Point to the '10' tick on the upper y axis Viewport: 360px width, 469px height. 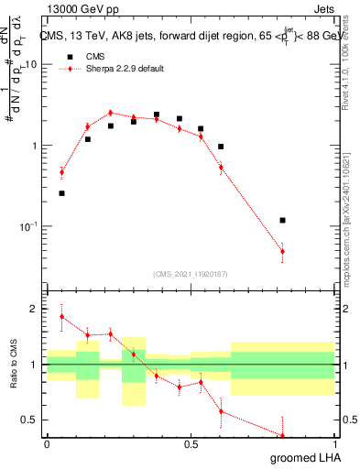[x=31, y=65]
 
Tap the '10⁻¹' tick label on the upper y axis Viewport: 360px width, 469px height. [x=27, y=226]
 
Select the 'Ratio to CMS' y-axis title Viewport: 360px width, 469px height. [x=12, y=365]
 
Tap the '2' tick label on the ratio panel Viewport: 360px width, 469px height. [x=35, y=309]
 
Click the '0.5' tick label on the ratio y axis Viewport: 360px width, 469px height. [x=30, y=420]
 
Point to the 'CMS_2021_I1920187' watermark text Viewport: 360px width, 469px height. [x=191, y=273]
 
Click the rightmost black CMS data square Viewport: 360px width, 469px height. [x=282, y=220]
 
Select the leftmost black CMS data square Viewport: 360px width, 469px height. [x=61, y=193]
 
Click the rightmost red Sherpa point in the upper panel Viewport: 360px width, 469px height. [x=282, y=251]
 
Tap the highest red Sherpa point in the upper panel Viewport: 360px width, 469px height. [x=110, y=113]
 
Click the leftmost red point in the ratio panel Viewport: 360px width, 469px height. [x=61, y=317]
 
